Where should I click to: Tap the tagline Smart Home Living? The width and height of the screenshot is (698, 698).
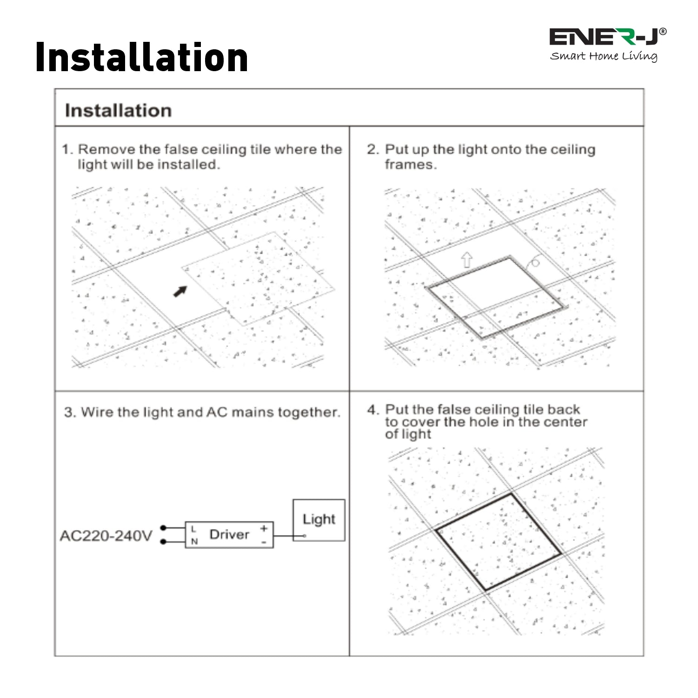click(x=604, y=56)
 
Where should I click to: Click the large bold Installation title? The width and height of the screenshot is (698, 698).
click(x=142, y=58)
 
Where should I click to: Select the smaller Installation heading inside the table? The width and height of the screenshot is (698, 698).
click(x=119, y=111)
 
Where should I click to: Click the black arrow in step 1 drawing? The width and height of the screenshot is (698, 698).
click(x=180, y=292)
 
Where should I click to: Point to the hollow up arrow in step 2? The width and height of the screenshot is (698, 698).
click(x=467, y=259)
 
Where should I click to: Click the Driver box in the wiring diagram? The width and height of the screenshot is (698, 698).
click(x=229, y=535)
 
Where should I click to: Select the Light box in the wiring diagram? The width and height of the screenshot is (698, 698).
click(x=319, y=520)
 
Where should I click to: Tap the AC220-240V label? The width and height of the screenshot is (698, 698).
click(x=106, y=536)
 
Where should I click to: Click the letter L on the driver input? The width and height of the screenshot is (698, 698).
click(x=194, y=529)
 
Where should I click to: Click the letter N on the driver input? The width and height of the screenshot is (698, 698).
click(x=194, y=541)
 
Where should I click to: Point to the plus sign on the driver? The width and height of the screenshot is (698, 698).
click(x=264, y=528)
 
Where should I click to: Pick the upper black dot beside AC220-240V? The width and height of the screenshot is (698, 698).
click(x=163, y=528)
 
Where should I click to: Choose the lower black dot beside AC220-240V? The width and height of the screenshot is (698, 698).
click(x=163, y=542)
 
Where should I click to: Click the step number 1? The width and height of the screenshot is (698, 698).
click(x=67, y=150)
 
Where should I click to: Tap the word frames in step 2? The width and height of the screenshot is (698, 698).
click(x=410, y=165)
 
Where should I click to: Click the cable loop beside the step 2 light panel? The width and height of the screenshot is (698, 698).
click(x=535, y=263)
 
